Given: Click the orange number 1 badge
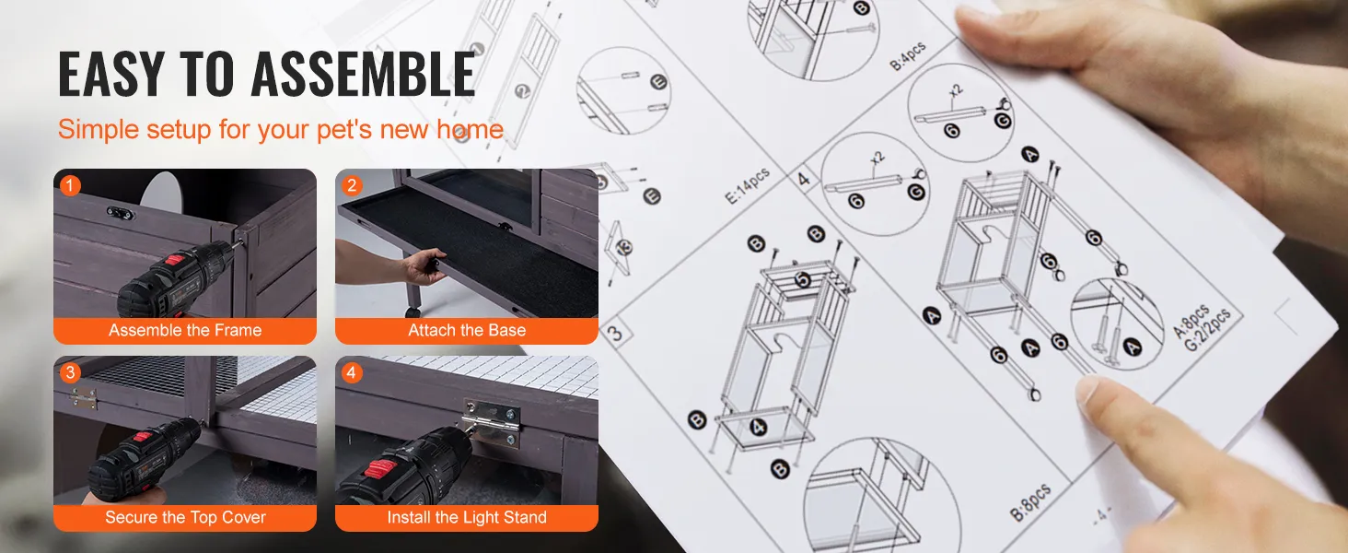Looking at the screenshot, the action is tap(70, 185).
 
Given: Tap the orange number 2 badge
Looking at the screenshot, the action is tap(352, 185).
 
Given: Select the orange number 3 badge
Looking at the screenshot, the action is tap(70, 372).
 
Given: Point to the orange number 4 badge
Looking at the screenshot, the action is tap(352, 372).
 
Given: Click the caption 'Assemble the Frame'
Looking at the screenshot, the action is tap(185, 330).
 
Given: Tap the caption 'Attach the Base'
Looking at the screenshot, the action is tap(467, 330).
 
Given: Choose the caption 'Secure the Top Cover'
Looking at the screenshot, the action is tap(185, 517).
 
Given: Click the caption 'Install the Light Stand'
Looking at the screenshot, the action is tap(467, 517).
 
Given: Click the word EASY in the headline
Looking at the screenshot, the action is tap(110, 74).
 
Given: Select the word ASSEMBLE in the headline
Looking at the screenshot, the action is tap(363, 74).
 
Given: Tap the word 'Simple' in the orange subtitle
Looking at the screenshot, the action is tap(99, 130).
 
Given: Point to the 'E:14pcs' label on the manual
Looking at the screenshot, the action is tap(747, 185).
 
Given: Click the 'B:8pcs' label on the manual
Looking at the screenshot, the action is tap(1030, 501).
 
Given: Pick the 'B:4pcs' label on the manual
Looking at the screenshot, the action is tap(908, 56).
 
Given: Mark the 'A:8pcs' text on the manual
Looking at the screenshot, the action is tap(1191, 321).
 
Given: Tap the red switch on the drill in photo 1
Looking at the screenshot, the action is tap(175, 261).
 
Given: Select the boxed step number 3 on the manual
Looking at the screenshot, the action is tap(615, 333).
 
